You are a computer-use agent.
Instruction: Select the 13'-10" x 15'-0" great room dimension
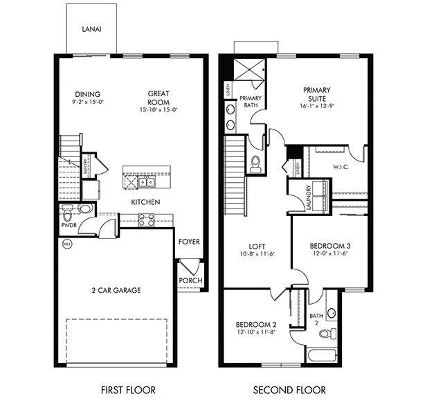158,109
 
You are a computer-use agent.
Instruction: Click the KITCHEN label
146,202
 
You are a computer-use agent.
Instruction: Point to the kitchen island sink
146,182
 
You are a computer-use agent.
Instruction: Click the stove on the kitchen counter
147,220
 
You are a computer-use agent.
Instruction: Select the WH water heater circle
67,244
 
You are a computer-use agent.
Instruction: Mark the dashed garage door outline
117,339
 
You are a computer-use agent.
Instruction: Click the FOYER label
189,242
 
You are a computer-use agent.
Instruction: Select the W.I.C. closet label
340,166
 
